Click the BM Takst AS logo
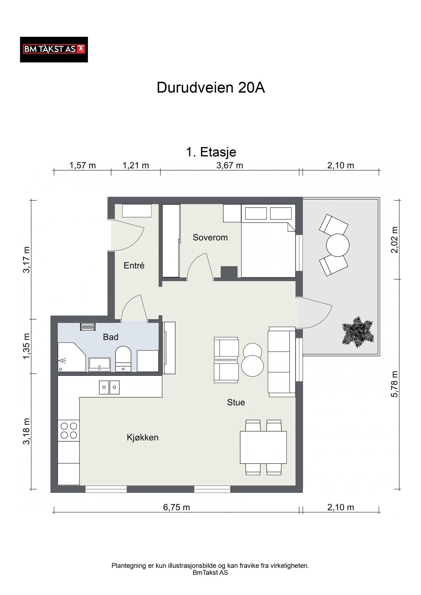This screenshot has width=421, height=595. [54, 50]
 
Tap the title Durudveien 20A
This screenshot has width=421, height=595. [211, 88]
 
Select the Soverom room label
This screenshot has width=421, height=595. [210, 237]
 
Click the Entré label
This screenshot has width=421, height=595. [134, 265]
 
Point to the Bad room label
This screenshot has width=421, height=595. [110, 337]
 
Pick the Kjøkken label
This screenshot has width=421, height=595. [143, 438]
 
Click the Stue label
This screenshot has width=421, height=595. [236, 402]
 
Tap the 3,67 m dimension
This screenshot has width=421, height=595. [230, 165]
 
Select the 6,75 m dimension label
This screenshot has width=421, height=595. [176, 507]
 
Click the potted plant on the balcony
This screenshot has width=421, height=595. [358, 332]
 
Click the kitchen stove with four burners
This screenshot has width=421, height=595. [68, 430]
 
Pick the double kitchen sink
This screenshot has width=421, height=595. [109, 387]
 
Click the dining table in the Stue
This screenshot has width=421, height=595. [263, 447]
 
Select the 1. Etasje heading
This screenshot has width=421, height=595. [211, 152]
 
